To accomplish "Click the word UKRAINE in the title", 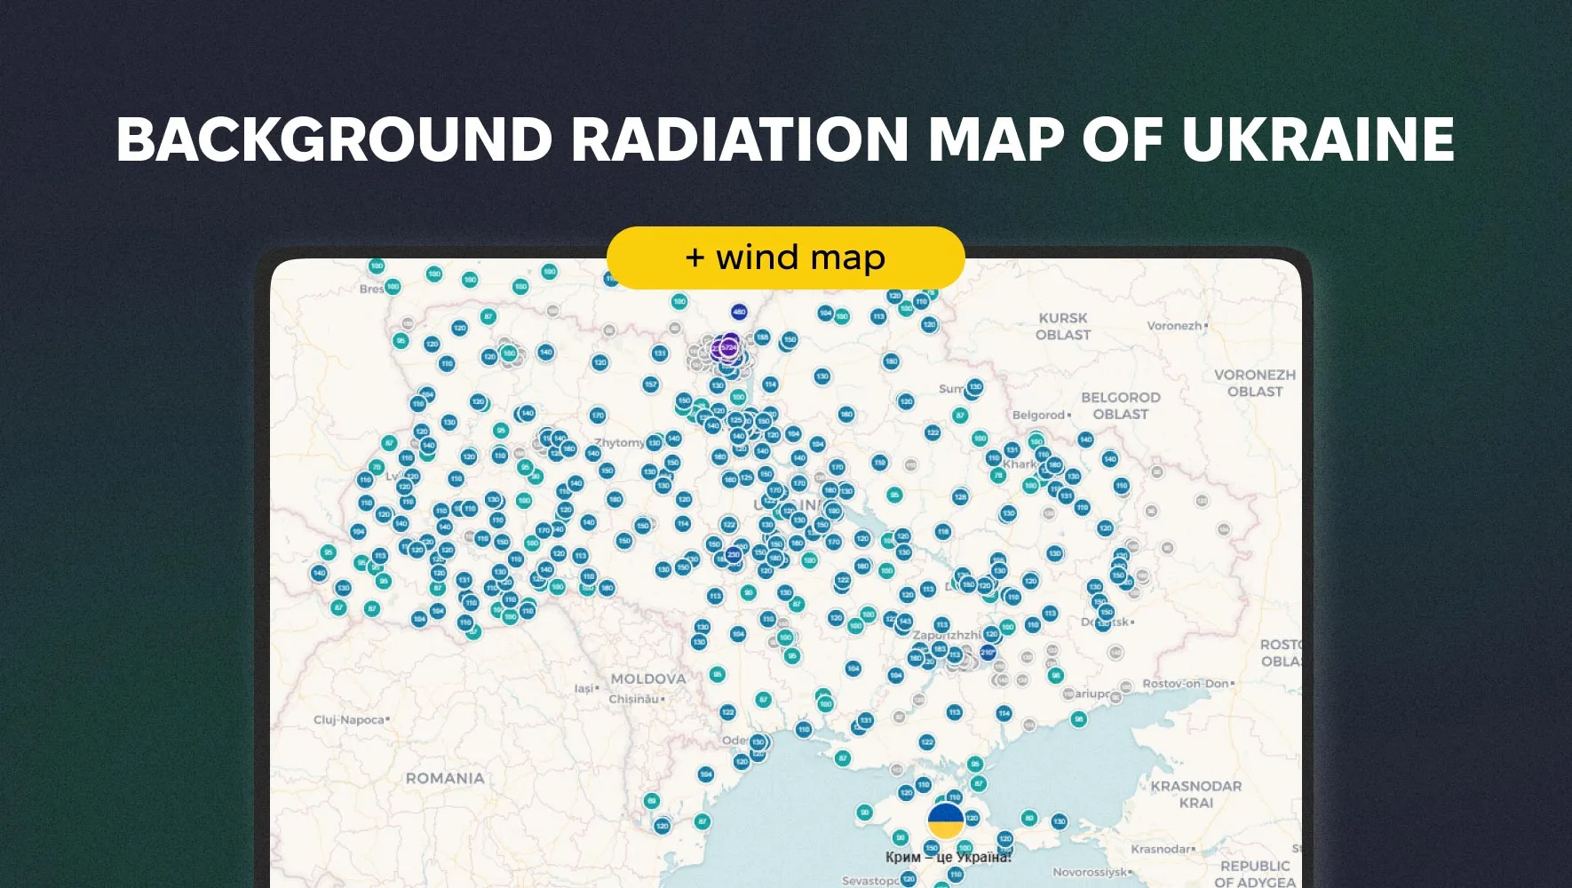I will (x=1317, y=139).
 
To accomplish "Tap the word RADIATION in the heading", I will (x=740, y=139).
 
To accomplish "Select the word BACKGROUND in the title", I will (x=334, y=139).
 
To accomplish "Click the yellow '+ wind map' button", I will (x=785, y=258).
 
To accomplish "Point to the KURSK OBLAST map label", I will (x=1062, y=326).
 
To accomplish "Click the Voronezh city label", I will (x=1174, y=326).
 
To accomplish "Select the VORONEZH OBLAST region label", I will (x=1254, y=383).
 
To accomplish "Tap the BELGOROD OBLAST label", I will (x=1120, y=406).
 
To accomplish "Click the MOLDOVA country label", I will (x=647, y=679).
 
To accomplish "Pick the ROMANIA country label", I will (x=445, y=779).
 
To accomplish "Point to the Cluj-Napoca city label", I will (x=349, y=720).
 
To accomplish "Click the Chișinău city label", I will (x=633, y=699).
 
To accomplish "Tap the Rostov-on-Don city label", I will (x=1185, y=684).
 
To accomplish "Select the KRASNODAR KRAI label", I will (x=1195, y=794).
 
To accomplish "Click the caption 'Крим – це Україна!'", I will (x=948, y=857).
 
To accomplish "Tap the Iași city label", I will (x=584, y=688).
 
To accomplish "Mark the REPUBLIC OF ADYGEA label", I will (x=1254, y=873).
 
